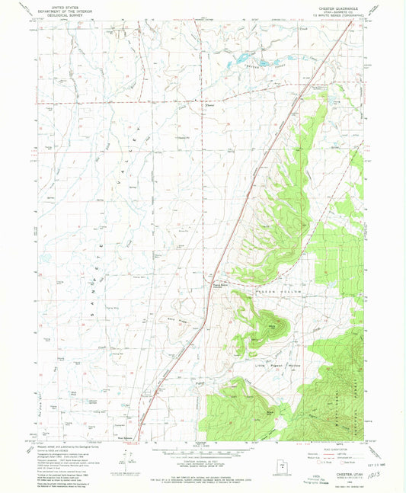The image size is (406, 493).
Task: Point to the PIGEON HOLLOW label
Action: (x=283, y=292)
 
